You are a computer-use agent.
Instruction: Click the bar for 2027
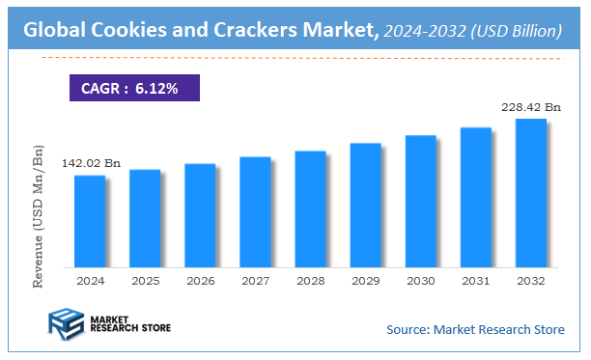pyautogui.click(x=255, y=211)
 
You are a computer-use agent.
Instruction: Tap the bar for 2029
pyautogui.click(x=365, y=205)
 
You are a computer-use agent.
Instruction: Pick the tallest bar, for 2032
pyautogui.click(x=530, y=193)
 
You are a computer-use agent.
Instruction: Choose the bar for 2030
pyautogui.click(x=420, y=201)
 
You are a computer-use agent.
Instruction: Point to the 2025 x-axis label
pyautogui.click(x=144, y=281)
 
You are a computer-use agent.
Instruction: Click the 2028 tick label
pyautogui.click(x=310, y=281)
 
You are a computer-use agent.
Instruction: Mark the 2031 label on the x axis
pyautogui.click(x=475, y=281)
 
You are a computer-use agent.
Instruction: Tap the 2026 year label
pyautogui.click(x=200, y=281)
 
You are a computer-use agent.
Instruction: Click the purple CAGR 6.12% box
pyautogui.click(x=134, y=87)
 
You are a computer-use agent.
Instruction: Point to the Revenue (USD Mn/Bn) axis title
pyautogui.click(x=39, y=217)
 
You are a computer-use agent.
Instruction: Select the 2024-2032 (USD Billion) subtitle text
pyautogui.click(x=472, y=32)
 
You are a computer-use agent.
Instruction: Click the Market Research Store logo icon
pyautogui.click(x=66, y=326)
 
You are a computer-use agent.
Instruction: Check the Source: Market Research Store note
pyautogui.click(x=475, y=330)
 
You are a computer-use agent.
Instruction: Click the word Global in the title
pyautogui.click(x=56, y=31)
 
